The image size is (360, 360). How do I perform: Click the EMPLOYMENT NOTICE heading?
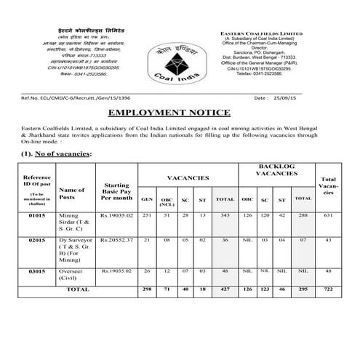point(180,113)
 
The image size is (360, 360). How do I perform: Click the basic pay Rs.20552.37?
point(117,239)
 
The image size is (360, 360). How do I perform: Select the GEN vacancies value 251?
point(147,215)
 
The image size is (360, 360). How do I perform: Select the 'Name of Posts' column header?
point(76,193)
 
